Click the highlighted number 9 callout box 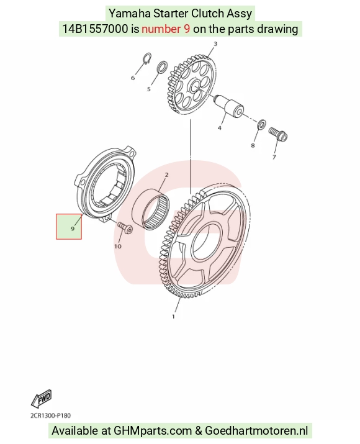(69, 227)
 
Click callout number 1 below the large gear (174, 317)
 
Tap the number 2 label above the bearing (167, 175)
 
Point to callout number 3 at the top (215, 44)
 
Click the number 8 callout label (253, 145)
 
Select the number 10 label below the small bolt (118, 247)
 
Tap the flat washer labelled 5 (162, 66)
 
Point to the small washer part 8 (261, 124)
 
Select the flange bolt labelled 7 (278, 135)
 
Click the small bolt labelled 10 (125, 228)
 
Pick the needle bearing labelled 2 (151, 209)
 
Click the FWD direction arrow (42, 398)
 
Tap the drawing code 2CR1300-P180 (51, 415)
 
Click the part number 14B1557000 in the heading (95, 29)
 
